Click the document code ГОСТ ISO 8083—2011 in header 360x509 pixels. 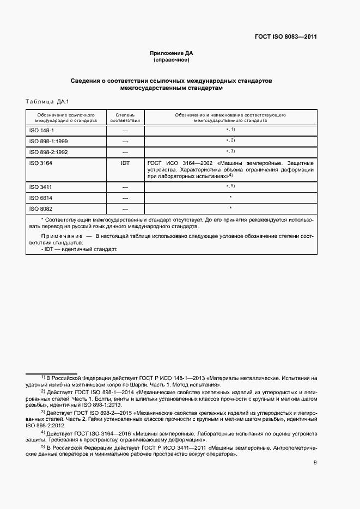point(285,37)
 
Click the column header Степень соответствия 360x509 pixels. point(125,118)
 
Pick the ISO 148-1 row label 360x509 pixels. point(41,131)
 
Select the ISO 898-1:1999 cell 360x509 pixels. point(48,141)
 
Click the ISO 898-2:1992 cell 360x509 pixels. point(48,151)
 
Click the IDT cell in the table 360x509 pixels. point(125,162)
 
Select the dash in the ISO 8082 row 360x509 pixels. point(125,208)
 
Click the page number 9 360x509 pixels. point(315,463)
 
